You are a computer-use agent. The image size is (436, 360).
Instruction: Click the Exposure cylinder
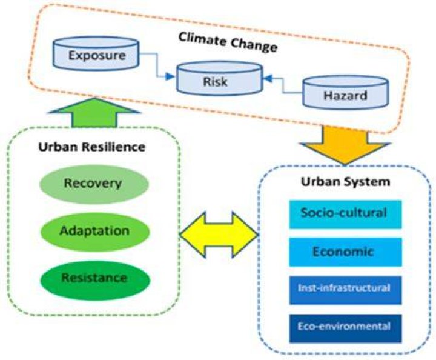[96, 53]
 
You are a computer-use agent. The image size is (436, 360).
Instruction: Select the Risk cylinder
[220, 78]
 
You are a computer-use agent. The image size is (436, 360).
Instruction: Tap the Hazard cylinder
[345, 92]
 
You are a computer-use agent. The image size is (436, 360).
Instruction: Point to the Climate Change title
[228, 42]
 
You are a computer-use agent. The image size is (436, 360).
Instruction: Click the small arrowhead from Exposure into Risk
[170, 76]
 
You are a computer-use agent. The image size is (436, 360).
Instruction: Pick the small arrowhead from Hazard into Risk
[268, 79]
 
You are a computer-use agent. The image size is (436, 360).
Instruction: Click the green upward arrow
[94, 112]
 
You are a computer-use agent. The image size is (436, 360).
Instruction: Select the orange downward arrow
[345, 145]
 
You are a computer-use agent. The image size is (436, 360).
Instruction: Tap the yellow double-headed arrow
[219, 235]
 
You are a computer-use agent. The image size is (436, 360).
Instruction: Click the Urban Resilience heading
[92, 147]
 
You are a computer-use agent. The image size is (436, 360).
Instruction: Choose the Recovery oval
[94, 184]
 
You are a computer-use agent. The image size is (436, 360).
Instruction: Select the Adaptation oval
[95, 232]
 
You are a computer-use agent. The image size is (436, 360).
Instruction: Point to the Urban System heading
[346, 182]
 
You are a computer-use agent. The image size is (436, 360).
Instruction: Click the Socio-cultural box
[345, 215]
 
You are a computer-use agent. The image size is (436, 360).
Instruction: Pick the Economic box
[345, 252]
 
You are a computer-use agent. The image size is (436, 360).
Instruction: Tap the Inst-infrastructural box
[345, 290]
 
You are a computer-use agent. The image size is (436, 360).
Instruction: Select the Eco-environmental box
[345, 328]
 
